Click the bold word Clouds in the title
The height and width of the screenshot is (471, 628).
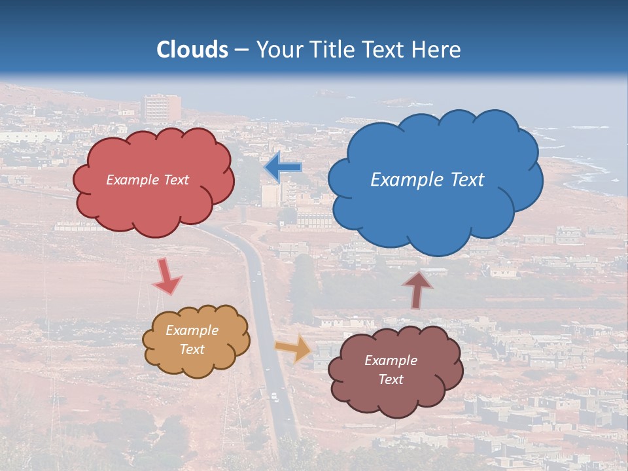coord(192,50)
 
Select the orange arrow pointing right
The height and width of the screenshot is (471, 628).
coord(294,349)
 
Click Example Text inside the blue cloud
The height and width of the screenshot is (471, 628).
coord(427,180)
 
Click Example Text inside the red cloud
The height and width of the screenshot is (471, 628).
coord(147,180)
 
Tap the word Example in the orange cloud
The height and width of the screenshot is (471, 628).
coord(192,330)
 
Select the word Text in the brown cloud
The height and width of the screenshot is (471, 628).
coord(391,379)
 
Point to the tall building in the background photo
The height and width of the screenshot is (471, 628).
coord(162,108)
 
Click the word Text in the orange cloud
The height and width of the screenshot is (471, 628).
coord(192,349)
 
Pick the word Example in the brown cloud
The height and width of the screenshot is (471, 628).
coord(391,360)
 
